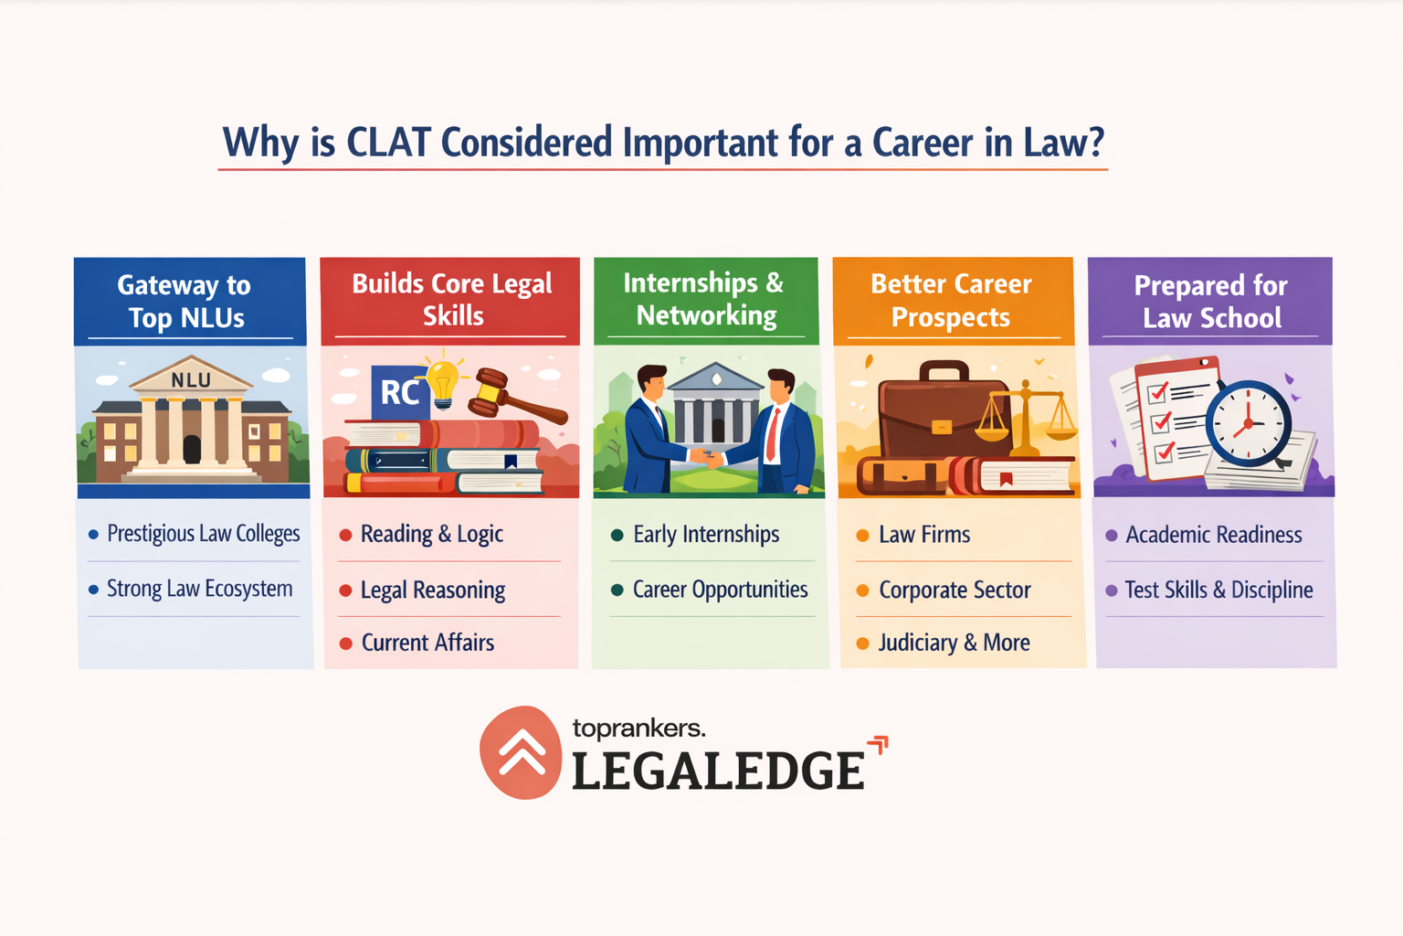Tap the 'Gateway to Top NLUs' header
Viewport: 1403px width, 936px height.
(186, 301)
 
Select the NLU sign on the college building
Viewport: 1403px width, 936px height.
(191, 379)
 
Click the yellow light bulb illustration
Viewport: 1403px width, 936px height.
(443, 383)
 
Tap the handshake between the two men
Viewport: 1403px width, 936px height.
(707, 457)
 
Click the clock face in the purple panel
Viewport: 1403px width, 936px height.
(1248, 423)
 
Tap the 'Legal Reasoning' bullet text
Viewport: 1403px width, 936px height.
(432, 590)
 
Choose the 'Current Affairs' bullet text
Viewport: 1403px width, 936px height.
(427, 643)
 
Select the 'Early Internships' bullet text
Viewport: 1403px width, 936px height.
(706, 535)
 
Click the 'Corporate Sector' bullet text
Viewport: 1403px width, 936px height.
(955, 590)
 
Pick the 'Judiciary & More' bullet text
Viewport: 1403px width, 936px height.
(954, 643)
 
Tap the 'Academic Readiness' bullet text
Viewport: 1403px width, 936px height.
(1213, 535)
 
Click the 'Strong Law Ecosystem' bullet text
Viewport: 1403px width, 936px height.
(199, 589)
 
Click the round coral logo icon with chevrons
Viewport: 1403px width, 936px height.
(521, 752)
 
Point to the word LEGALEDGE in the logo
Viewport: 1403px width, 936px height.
(718, 771)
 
